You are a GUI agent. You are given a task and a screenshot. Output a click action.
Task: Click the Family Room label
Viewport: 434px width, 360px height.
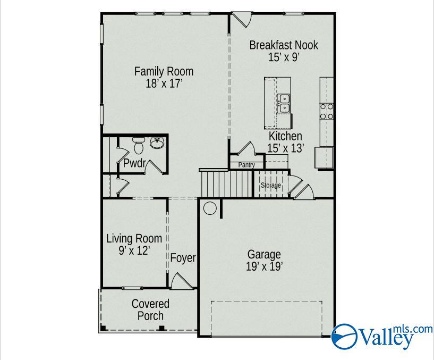pos(164,77)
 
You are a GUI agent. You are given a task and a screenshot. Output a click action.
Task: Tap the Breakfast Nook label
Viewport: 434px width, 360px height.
pos(284,51)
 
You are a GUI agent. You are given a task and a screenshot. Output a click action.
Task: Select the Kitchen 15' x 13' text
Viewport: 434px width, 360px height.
pos(285,143)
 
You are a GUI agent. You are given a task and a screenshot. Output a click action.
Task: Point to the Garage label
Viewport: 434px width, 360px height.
pos(264,261)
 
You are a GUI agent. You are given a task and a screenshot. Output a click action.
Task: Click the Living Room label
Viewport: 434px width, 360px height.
pos(134,245)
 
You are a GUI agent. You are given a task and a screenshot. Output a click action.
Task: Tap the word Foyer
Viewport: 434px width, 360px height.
pos(183,258)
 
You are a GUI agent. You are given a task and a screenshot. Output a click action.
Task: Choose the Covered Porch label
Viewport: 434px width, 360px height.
pos(150,309)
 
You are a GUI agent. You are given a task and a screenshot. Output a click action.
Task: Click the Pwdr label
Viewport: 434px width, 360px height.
pos(134,163)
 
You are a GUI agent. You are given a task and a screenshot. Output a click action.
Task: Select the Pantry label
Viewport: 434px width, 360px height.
pos(246,165)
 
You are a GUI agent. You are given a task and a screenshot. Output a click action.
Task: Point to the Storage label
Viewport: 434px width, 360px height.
pos(270,186)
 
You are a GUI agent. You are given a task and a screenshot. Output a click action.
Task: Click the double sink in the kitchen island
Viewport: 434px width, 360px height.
pos(285,103)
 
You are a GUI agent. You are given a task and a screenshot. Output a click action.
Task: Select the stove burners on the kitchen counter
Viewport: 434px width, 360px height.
pos(326,111)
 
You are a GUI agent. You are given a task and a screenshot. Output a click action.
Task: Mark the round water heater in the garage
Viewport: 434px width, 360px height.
pos(210,208)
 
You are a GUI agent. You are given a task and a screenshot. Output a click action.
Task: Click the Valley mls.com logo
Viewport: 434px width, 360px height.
pos(381,336)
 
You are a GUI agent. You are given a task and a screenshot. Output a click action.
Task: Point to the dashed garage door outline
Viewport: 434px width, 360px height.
pos(266,319)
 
